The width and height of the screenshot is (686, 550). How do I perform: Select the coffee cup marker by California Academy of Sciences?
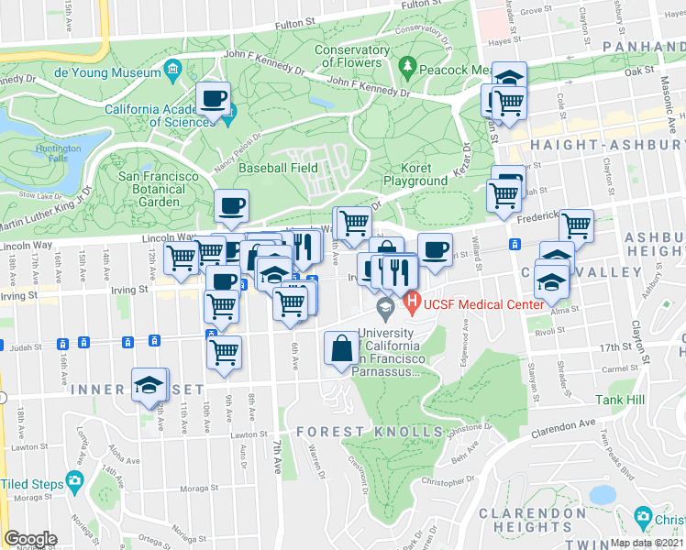(214, 99)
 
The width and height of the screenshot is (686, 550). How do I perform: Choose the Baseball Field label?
(278, 168)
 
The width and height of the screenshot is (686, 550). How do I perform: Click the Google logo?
(30, 539)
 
